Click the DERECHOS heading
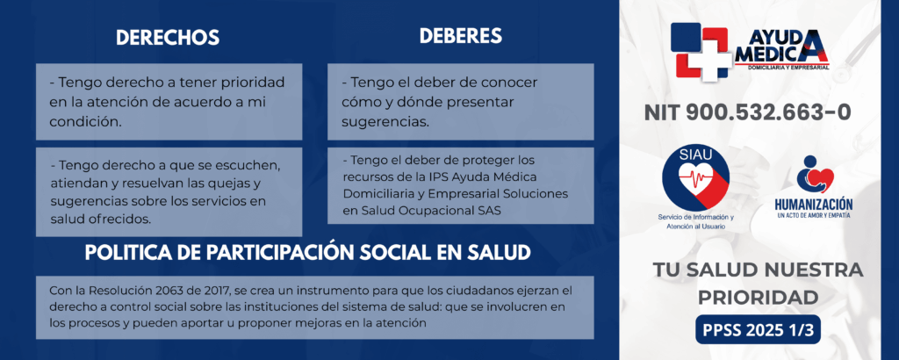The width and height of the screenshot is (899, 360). [x=168, y=37]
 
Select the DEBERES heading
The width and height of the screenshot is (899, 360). [x=460, y=35]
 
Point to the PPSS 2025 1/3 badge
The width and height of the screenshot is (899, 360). [x=759, y=329]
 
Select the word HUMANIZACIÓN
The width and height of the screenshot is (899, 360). [x=813, y=205]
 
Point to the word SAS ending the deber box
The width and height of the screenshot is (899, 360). [x=489, y=211]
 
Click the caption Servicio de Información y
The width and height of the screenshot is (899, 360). [x=695, y=218]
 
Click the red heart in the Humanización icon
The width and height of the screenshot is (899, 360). [x=822, y=179]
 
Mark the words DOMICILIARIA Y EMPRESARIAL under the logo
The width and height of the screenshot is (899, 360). [x=789, y=68]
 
